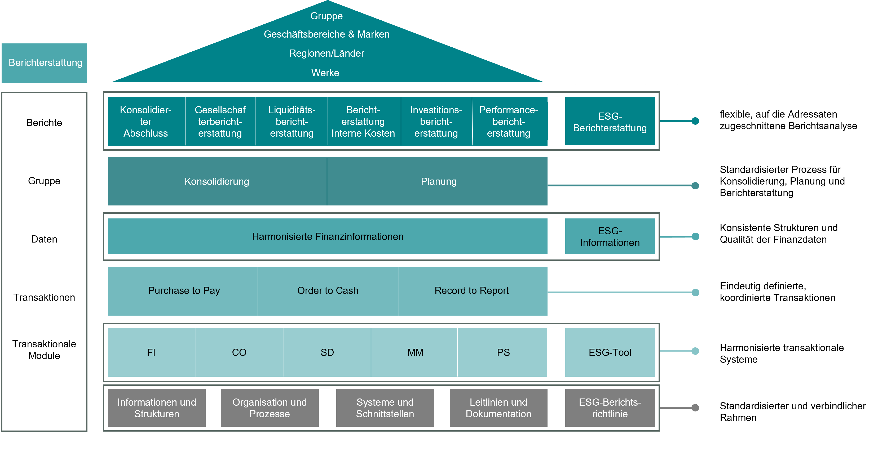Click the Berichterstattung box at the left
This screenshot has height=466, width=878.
pyautogui.click(x=44, y=63)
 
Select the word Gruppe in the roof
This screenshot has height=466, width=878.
pyautogui.click(x=326, y=16)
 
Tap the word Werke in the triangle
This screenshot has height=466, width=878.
pyautogui.click(x=325, y=73)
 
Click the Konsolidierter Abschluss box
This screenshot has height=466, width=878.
pyautogui.click(x=146, y=122)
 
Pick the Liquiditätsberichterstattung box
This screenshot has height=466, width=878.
pyautogui.click(x=292, y=122)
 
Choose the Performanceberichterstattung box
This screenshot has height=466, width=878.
pyautogui.click(x=509, y=122)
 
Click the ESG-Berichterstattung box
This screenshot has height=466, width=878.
pyautogui.click(x=610, y=122)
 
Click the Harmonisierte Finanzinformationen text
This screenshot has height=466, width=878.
pyautogui.click(x=328, y=237)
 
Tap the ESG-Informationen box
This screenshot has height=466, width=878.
pyautogui.click(x=610, y=237)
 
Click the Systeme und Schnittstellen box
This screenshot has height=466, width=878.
pyautogui.click(x=385, y=408)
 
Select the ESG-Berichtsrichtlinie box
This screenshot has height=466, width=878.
pyautogui.click(x=610, y=408)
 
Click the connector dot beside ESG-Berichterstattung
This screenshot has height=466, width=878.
pyautogui.click(x=695, y=121)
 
